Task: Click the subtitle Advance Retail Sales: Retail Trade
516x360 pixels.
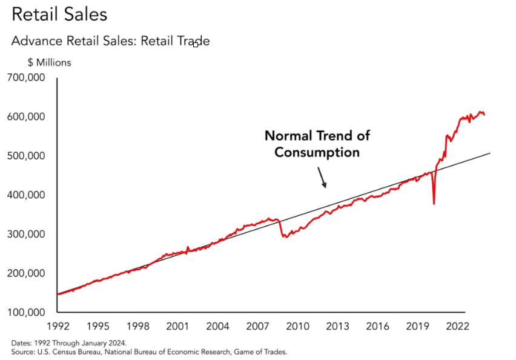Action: click(110, 41)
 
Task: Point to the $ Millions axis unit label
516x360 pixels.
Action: click(49, 62)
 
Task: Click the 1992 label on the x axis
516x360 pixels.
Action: click(58, 326)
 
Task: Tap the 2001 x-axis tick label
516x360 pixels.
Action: click(177, 326)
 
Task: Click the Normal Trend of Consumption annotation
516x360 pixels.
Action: click(317, 143)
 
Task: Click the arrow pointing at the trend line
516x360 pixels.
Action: click(322, 178)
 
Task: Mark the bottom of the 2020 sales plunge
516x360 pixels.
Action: click(434, 204)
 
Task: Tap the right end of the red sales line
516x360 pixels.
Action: click(484, 115)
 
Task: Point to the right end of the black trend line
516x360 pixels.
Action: click(489, 153)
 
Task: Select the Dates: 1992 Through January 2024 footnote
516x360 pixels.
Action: click(68, 342)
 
